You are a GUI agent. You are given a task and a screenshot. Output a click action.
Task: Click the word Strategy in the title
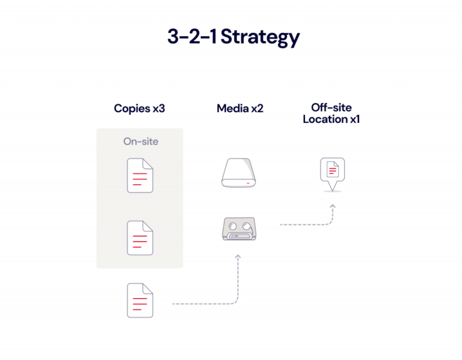click(x=260, y=37)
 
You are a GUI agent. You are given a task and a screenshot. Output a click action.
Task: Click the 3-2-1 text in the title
click(x=192, y=37)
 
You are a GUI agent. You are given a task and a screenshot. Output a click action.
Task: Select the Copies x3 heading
click(x=140, y=109)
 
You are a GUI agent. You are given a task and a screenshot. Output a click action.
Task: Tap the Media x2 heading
click(x=240, y=109)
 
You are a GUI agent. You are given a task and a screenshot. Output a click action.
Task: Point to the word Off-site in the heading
click(x=331, y=108)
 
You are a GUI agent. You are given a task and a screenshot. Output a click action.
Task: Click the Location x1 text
click(x=331, y=119)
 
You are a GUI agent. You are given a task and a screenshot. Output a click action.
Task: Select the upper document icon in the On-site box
click(x=140, y=176)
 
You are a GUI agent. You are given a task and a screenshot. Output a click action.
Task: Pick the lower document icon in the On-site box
click(x=140, y=237)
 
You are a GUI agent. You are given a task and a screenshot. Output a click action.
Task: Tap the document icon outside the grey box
click(x=140, y=300)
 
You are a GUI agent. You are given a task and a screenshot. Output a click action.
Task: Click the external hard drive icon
click(x=239, y=173)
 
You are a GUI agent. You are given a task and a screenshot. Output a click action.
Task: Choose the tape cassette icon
click(x=239, y=229)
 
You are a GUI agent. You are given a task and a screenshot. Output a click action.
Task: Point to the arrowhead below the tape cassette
click(x=238, y=257)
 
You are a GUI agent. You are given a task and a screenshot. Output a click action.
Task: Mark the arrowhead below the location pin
click(x=332, y=206)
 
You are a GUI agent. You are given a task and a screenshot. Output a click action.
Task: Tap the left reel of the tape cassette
click(x=232, y=226)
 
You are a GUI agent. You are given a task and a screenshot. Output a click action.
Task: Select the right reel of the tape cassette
click(x=247, y=226)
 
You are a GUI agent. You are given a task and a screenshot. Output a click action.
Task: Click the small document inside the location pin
click(x=331, y=169)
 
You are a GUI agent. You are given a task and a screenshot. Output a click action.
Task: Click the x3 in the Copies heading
click(x=158, y=109)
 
